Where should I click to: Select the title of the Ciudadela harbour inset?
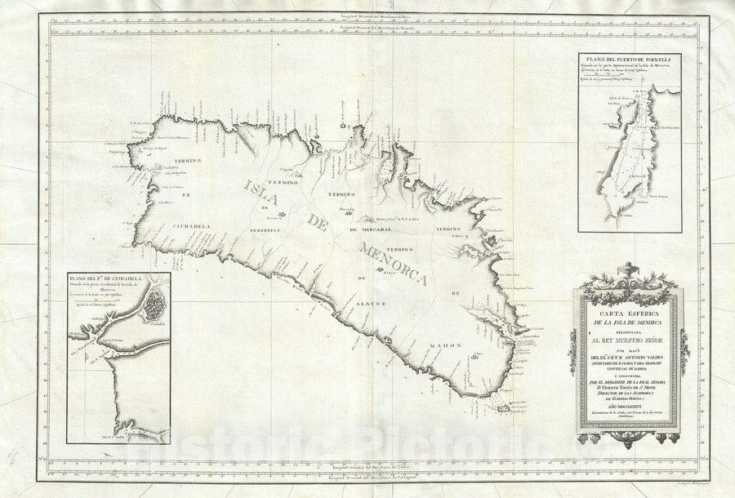[114, 280]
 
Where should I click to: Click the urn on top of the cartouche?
[627, 270]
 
